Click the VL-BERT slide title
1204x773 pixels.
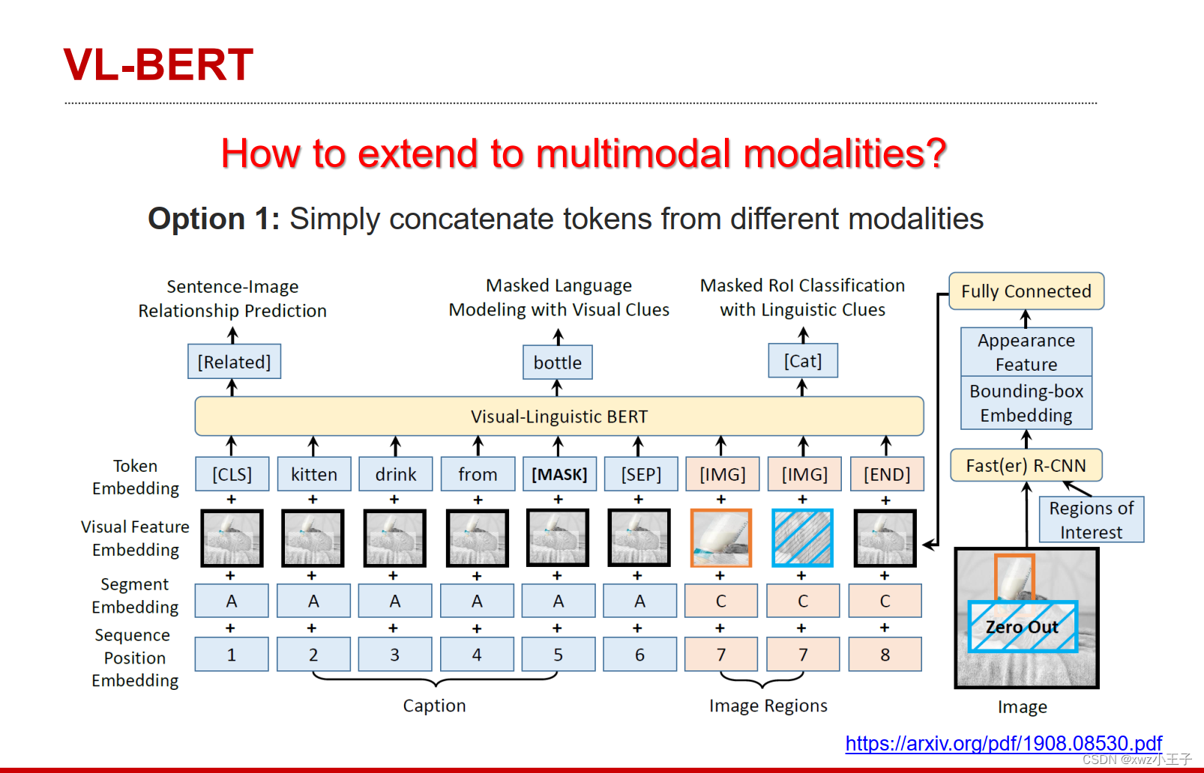pos(158,65)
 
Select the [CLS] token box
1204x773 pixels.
pos(232,474)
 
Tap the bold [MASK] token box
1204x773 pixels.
pos(559,474)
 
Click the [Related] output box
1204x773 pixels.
pos(234,362)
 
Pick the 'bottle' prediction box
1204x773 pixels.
pos(557,363)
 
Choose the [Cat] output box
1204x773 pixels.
pos(802,361)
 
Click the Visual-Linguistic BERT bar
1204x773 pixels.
pos(559,416)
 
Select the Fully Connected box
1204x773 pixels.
pos(1026,291)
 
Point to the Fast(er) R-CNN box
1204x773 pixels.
pos(1026,466)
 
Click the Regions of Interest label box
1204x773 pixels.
pos(1091,520)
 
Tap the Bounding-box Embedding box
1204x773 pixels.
pos(1026,403)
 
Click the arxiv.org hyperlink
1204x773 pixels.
pos(1003,743)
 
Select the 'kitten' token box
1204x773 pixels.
pos(313,474)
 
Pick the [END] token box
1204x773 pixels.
pos(886,474)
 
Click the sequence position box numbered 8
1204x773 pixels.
pos(885,655)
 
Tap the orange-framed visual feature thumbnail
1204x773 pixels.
pos(720,538)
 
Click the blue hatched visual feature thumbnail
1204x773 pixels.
pos(802,538)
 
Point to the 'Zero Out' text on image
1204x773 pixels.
pos(1022,627)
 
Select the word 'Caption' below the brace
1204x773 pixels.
pos(434,706)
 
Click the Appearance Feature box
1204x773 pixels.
pos(1026,352)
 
